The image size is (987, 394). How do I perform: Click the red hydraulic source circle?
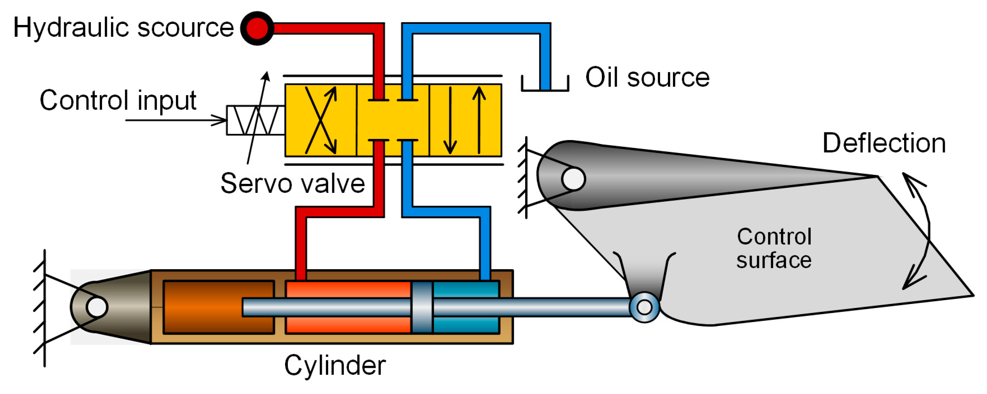(257, 28)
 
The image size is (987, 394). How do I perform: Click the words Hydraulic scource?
(123, 28)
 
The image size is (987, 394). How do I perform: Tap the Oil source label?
(647, 77)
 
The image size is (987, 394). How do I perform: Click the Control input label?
(118, 101)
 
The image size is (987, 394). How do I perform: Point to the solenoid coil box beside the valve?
(255, 120)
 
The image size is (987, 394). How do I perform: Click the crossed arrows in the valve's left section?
(321, 120)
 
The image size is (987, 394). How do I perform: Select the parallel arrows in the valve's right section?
(465, 120)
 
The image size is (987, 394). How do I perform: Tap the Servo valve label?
(293, 183)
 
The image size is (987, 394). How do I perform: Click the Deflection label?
(884, 143)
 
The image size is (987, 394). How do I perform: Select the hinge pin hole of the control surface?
(573, 179)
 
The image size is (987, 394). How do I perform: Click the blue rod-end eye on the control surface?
(644, 307)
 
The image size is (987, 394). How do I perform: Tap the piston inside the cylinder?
(422, 307)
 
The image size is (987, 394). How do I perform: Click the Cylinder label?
(334, 365)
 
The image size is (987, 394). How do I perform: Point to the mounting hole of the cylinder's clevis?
(97, 307)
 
